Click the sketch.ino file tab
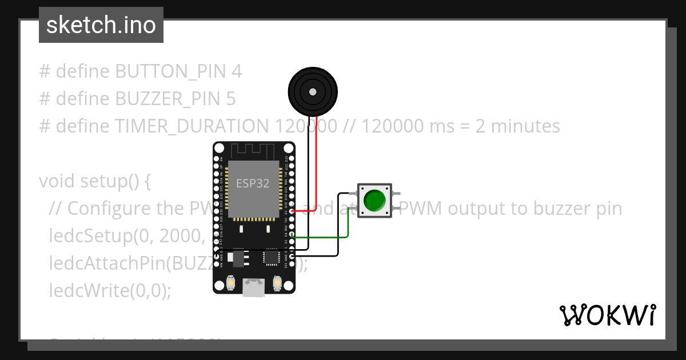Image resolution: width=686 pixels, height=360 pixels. [101, 25]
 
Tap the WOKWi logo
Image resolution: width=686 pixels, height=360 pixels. [607, 315]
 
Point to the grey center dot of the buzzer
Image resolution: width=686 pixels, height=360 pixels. [312, 91]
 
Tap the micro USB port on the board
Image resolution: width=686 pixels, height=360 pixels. [254, 286]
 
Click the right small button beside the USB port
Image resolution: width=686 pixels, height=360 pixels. [277, 283]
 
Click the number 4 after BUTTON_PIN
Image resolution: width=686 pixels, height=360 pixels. [237, 71]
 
